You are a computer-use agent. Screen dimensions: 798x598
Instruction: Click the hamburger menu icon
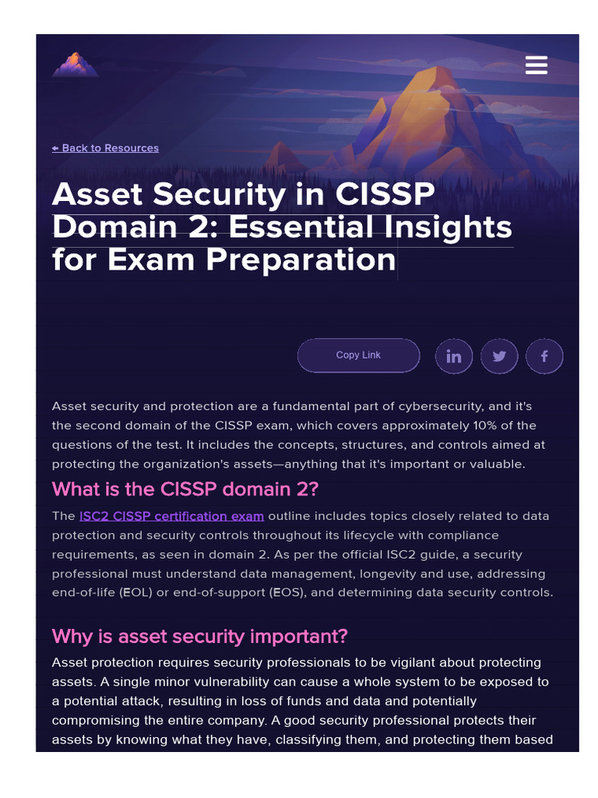[536, 65]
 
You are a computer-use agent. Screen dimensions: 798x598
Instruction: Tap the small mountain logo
[76, 65]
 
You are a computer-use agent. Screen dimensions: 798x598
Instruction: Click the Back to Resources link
[106, 148]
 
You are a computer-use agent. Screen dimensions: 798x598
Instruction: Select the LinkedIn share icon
[454, 356]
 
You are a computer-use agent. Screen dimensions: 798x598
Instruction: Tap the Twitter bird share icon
[499, 356]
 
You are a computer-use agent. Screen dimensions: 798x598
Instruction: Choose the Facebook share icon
[544, 356]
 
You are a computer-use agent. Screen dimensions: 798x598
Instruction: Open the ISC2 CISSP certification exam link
[171, 516]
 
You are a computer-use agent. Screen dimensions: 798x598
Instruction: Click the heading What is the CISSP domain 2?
[185, 489]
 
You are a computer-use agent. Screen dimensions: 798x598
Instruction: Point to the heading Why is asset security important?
[199, 636]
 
